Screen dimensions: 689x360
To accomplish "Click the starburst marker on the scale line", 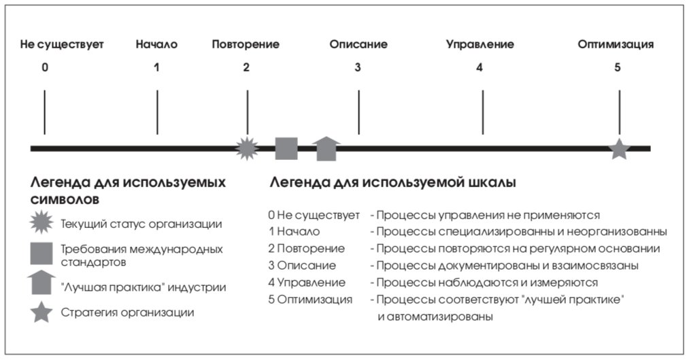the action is pos(247,148).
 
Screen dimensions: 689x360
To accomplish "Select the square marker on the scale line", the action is pos(286,148).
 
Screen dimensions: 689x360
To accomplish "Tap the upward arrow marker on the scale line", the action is pos(326,148).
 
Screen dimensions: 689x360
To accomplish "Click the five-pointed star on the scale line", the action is pos(619,149).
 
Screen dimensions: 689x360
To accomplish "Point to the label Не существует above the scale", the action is pos(62,44).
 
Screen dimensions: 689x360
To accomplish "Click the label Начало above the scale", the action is pos(156,44).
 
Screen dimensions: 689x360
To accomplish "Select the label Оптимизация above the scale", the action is pos(616,44).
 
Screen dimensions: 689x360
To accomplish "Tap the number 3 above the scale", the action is pos(358,67).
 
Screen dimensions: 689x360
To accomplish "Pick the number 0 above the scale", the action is pos(45,67).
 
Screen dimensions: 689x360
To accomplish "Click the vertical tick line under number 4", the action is pos(482,112).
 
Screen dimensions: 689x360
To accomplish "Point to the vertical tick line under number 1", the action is pos(157,112).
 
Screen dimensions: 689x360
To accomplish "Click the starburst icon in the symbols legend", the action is pos(41,222).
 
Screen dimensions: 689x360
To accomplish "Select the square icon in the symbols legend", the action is pos(41,254).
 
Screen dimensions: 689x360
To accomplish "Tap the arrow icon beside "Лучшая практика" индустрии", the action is pos(41,282).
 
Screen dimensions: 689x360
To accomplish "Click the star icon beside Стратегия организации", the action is pos(41,312).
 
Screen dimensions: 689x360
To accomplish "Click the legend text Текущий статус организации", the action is pos(141,224).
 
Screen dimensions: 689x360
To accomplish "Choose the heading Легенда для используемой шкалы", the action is pos(392,182).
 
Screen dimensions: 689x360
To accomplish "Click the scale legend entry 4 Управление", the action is pos(307,282).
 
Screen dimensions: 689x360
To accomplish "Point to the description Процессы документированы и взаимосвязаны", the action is pos(507,265).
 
